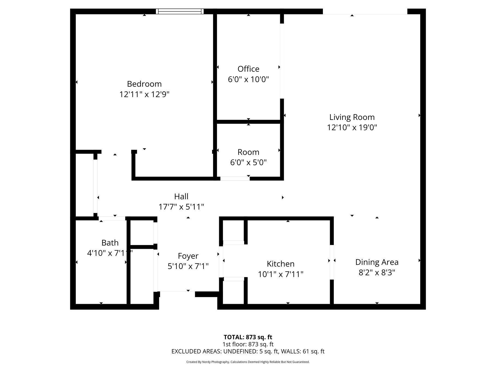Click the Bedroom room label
144,84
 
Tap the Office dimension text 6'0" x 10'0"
248,80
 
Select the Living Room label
352,117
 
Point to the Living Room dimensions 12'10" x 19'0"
352,128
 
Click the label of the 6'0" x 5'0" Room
248,152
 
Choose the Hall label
181,196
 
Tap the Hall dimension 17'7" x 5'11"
181,207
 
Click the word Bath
110,243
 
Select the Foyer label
188,256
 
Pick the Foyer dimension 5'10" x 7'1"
188,266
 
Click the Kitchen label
280,264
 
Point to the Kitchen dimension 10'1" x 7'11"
280,274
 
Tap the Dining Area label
377,262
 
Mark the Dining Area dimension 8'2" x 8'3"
377,273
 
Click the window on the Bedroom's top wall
180,11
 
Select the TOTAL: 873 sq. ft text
248,337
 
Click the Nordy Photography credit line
248,362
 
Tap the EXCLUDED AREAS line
248,352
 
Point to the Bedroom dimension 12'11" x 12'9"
144,95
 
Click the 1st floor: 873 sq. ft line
248,344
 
